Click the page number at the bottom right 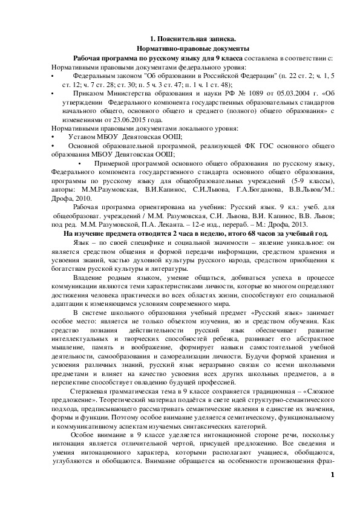332,473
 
